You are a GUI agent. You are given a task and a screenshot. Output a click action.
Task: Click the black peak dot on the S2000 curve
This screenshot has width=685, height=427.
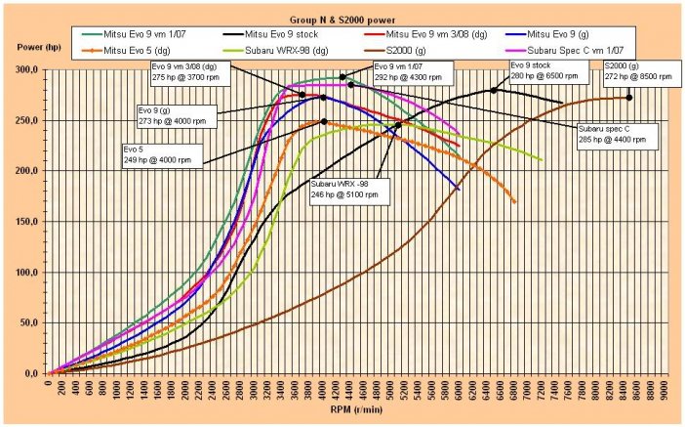pos(629,97)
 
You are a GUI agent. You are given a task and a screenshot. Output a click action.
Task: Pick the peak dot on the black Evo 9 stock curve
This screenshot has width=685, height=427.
pos(494,90)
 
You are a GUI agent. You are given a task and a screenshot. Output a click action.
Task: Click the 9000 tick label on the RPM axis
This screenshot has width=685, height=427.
pos(665,389)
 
